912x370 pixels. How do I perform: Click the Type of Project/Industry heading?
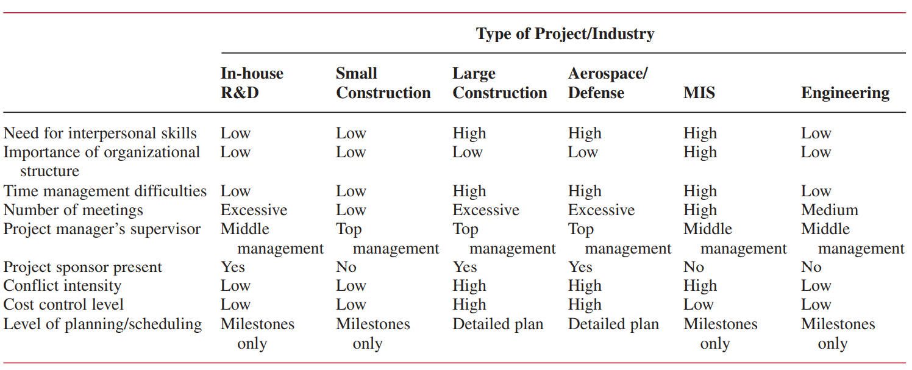click(x=565, y=34)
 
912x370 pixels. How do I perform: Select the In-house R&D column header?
click(x=252, y=83)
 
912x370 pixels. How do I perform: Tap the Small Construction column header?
click(x=383, y=83)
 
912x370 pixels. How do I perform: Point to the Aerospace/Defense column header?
click(x=607, y=83)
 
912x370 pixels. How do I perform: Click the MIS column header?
click(x=699, y=93)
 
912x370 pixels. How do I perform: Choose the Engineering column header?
click(x=845, y=93)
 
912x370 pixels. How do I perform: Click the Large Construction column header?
click(x=499, y=83)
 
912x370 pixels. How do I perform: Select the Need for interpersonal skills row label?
click(x=100, y=133)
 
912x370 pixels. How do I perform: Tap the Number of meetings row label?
click(x=73, y=210)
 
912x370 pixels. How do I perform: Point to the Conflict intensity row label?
click(x=62, y=286)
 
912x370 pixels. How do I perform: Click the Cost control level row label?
click(x=63, y=305)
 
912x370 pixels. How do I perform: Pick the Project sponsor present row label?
click(x=83, y=267)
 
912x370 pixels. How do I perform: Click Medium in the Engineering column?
click(x=829, y=210)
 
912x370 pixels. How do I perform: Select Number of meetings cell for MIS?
click(x=700, y=210)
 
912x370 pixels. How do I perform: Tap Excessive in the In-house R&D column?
click(x=254, y=210)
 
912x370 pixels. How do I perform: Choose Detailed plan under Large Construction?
click(x=497, y=324)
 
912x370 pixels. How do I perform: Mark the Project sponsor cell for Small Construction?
click(x=346, y=267)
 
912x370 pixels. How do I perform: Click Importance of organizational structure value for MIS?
click(x=700, y=152)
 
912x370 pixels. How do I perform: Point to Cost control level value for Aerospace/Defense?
click(x=585, y=305)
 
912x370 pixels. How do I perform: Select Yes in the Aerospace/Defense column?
click(x=580, y=267)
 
